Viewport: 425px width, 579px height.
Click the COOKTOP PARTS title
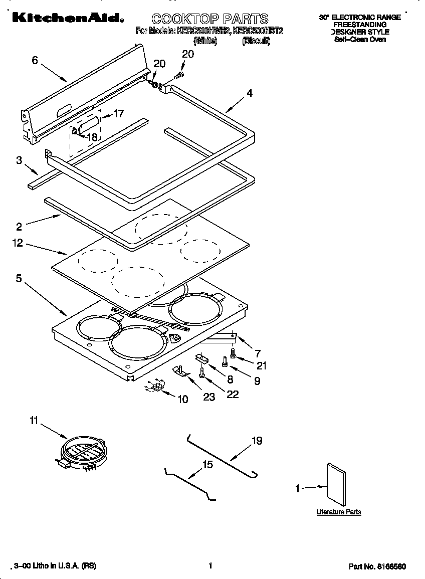[210, 19]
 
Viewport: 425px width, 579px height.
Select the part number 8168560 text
[377, 566]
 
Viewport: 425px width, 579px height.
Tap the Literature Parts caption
[338, 512]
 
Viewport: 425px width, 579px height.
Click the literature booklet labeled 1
[336, 484]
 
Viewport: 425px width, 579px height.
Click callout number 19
[257, 441]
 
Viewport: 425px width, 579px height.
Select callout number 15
[207, 465]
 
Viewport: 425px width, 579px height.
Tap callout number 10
[182, 399]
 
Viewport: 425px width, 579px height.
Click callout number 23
[208, 397]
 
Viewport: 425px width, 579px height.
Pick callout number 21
[261, 365]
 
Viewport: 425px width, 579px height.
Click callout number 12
[18, 243]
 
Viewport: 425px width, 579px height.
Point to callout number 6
[35, 60]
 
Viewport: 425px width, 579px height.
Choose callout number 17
[118, 114]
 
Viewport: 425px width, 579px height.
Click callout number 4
[249, 93]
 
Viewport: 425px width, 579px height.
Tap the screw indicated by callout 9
[225, 361]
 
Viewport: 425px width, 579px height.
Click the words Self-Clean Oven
[360, 39]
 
